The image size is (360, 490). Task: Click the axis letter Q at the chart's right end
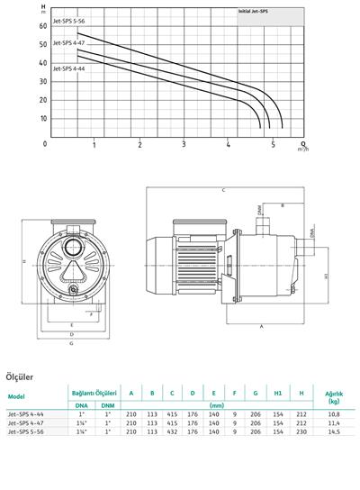coord(302,142)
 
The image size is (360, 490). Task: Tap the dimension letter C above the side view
coord(222,190)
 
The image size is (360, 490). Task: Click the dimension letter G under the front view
coord(70,343)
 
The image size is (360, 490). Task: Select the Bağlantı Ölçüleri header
coord(94,392)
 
